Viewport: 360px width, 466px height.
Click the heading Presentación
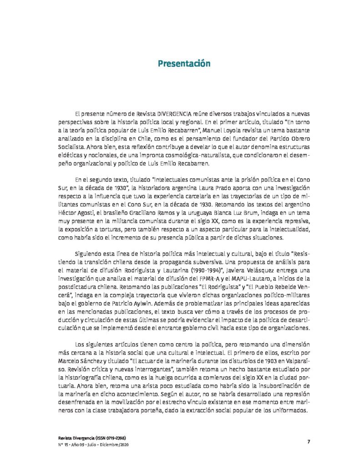pyautogui.click(x=184, y=63)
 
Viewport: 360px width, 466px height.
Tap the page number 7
pyautogui.click(x=309, y=441)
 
